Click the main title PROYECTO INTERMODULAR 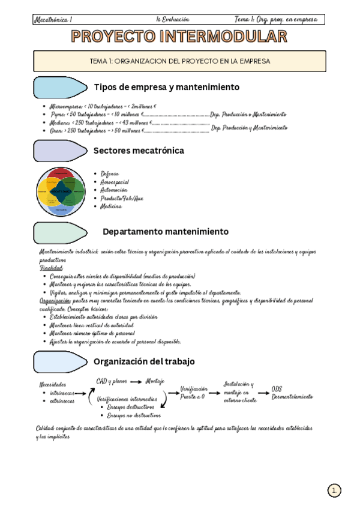tap(179, 37)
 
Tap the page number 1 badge tap(334, 490)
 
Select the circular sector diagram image tap(61, 191)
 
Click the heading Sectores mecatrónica tap(139, 151)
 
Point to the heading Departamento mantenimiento tap(165, 231)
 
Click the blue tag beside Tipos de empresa tap(59, 88)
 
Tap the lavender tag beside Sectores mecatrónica tap(59, 151)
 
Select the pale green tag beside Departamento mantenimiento tap(59, 232)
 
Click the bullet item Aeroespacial tap(115, 182)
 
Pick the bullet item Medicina tap(111, 206)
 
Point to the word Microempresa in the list tap(68, 105)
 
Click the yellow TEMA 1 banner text tap(179, 61)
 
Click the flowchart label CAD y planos tap(112, 381)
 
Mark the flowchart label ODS tap(277, 388)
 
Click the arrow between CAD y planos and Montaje tap(137, 381)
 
